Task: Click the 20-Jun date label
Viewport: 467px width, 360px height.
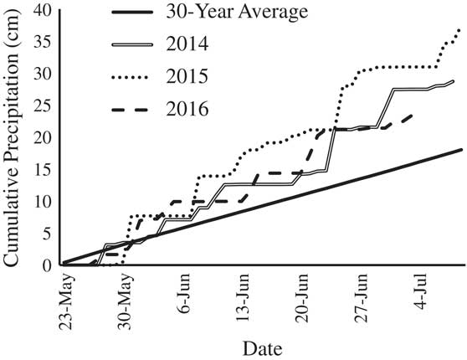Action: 304,296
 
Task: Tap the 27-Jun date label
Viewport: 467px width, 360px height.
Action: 363,296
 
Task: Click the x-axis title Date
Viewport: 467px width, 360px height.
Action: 261,347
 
